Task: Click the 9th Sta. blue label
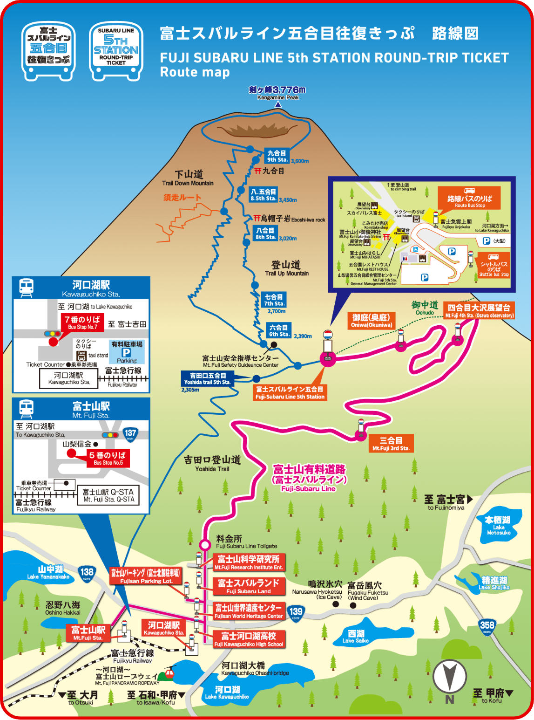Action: (x=277, y=156)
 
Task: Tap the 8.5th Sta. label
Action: (x=264, y=195)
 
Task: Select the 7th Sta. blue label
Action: (x=274, y=300)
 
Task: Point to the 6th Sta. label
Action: (x=279, y=330)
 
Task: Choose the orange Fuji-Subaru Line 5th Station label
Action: (x=290, y=392)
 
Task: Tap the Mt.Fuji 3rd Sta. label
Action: (x=391, y=444)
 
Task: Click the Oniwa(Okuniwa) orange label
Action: (x=372, y=321)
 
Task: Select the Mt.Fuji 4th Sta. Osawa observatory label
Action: (x=479, y=311)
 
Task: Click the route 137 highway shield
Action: (x=130, y=434)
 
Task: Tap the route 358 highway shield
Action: (x=487, y=626)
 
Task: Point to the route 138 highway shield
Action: (x=87, y=573)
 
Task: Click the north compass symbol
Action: (x=450, y=678)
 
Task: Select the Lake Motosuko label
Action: (x=498, y=525)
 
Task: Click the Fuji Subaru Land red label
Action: (x=249, y=586)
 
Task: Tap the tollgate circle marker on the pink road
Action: (x=205, y=544)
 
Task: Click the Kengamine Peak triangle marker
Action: (x=278, y=105)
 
